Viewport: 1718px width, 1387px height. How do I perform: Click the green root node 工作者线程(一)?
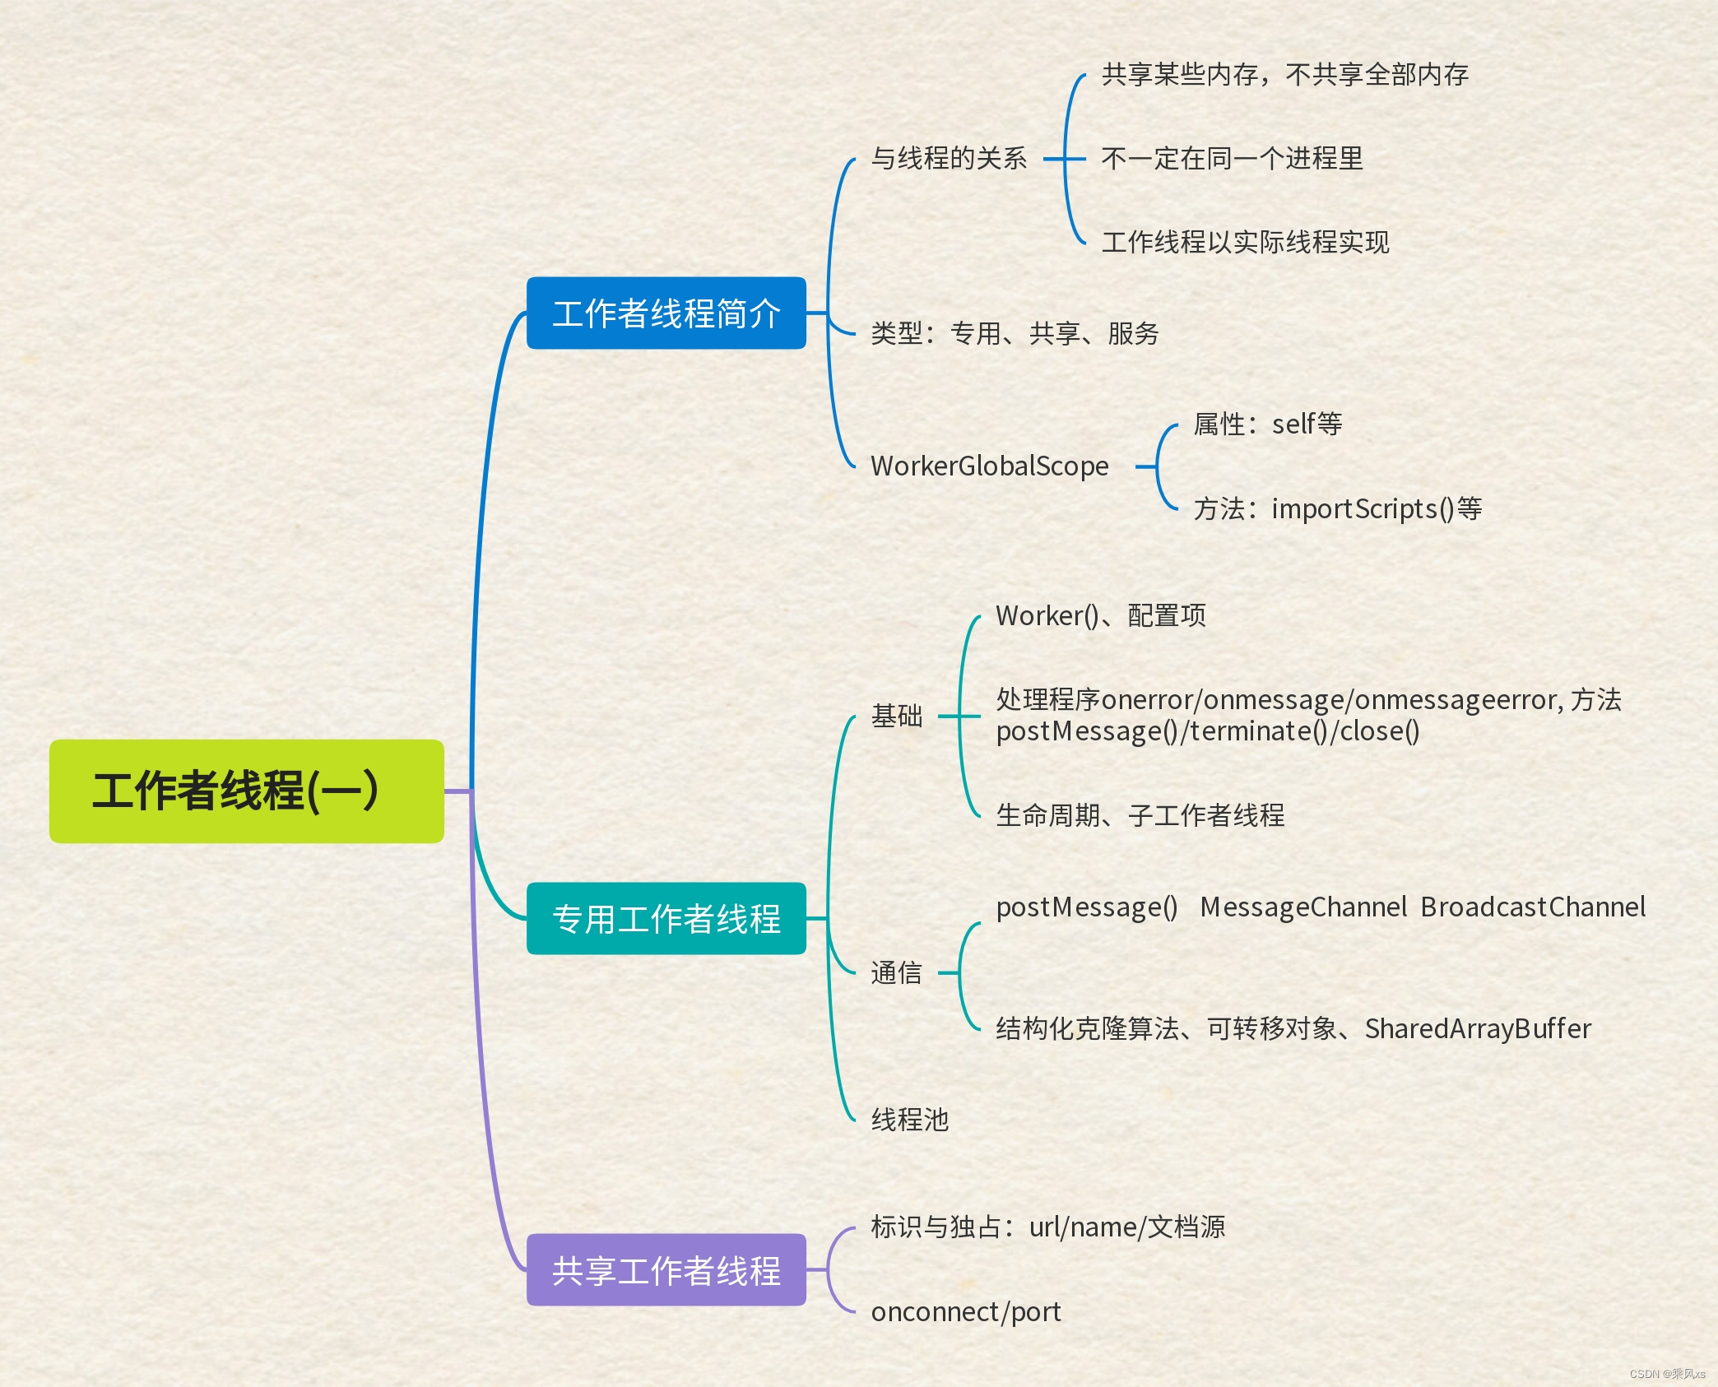(x=246, y=791)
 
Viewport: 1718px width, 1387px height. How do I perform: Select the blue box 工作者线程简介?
(x=666, y=313)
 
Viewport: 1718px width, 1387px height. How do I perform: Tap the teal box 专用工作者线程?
(x=666, y=919)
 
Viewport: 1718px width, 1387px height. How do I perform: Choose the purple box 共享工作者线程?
(x=666, y=1270)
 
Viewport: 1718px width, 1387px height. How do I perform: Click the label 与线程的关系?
(x=949, y=158)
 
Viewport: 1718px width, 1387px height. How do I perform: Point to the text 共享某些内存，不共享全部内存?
(x=1284, y=75)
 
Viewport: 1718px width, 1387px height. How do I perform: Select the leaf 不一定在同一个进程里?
(x=1232, y=158)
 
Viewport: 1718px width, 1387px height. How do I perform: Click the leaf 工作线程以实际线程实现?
(x=1245, y=242)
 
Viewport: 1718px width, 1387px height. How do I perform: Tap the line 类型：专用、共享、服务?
(x=1015, y=333)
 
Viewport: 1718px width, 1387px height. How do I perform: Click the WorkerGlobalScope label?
(x=990, y=466)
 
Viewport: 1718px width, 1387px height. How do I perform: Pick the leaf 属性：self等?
(x=1267, y=424)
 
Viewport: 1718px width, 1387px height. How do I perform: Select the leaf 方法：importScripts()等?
(x=1337, y=509)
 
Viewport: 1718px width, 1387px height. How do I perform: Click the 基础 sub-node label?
(x=897, y=716)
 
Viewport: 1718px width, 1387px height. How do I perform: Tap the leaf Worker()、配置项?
(x=1101, y=615)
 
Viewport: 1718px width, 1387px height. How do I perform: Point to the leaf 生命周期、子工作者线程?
(x=1140, y=815)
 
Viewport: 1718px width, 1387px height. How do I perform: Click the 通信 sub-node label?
(x=897, y=972)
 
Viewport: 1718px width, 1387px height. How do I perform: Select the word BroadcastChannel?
(x=1533, y=907)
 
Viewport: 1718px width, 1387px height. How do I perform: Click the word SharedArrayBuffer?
(x=1478, y=1028)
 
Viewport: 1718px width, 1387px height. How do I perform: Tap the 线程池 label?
(x=910, y=1120)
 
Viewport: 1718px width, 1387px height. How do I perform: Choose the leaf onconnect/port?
(x=966, y=1312)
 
